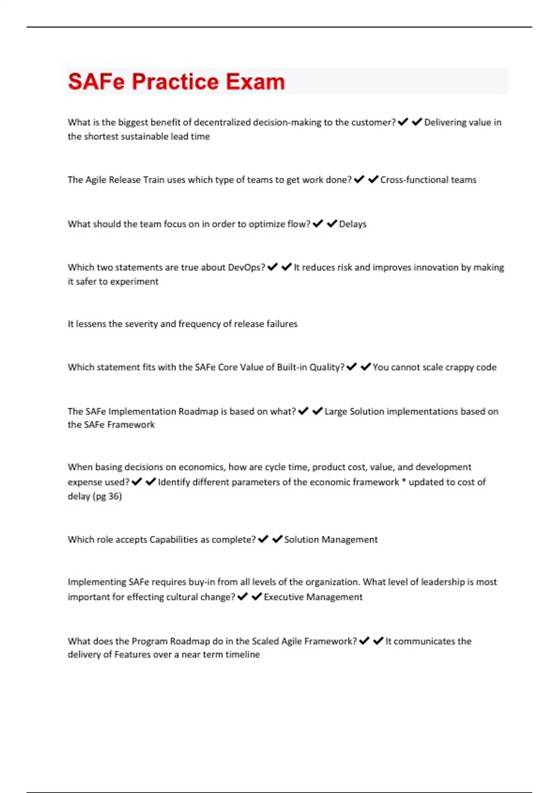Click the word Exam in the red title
tap(255, 82)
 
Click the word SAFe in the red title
tap(96, 82)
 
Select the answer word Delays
tap(353, 224)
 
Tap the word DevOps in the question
tap(246, 267)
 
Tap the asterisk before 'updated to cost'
tap(404, 481)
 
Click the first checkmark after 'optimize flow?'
tap(318, 224)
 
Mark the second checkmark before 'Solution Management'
tap(277, 539)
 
